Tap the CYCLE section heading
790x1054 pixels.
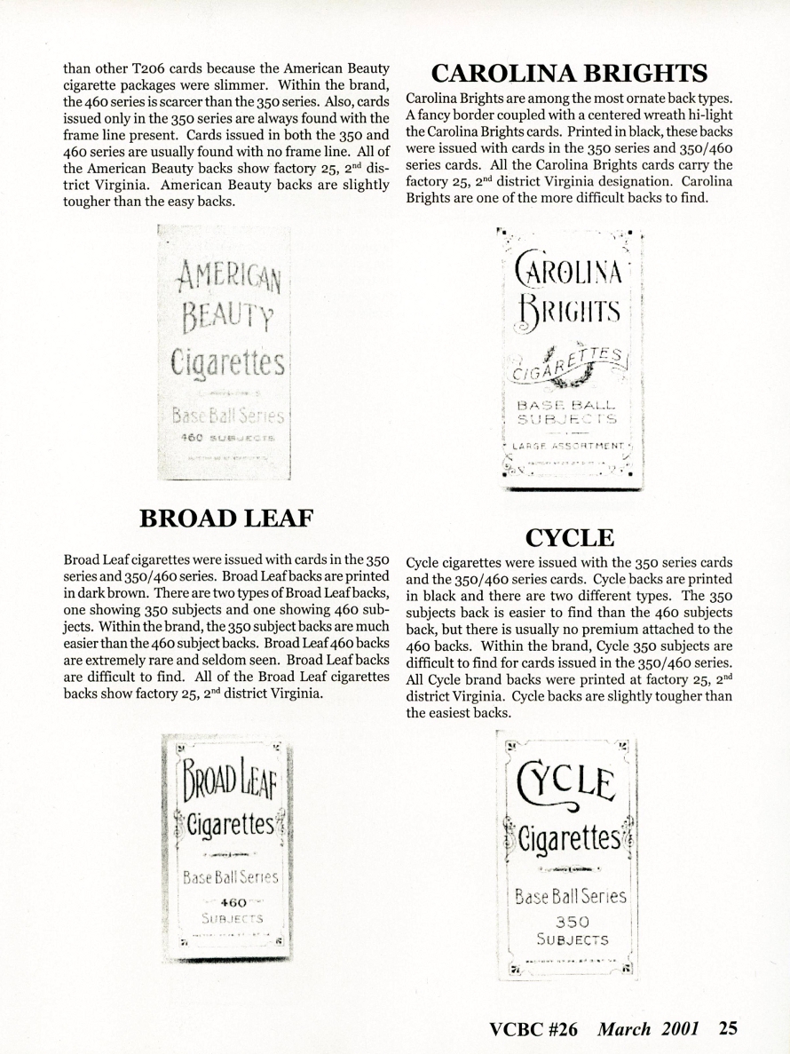pyautogui.click(x=568, y=537)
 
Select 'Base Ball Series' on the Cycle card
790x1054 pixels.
pyautogui.click(x=569, y=896)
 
